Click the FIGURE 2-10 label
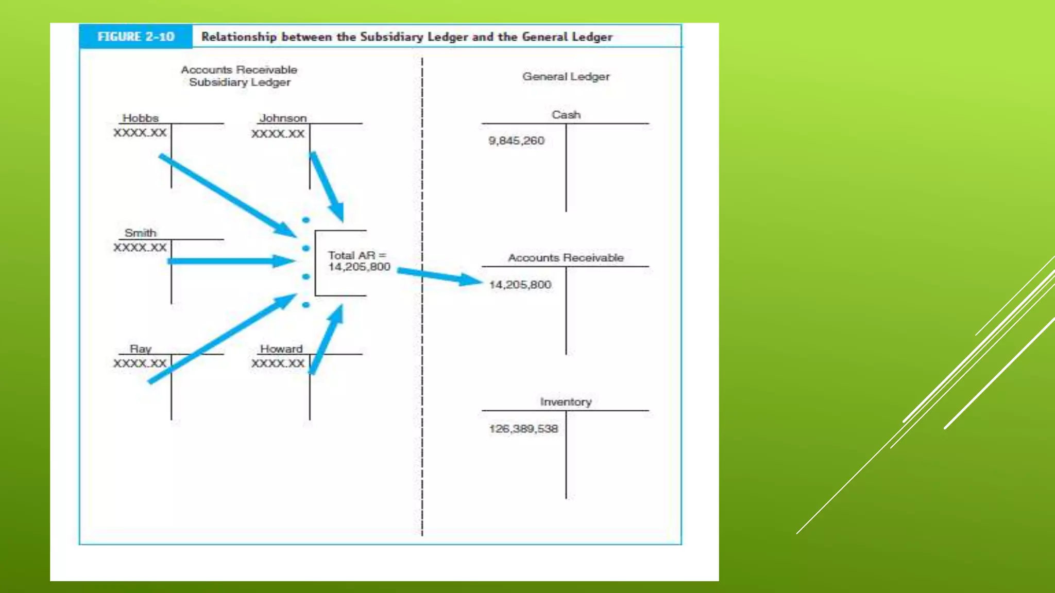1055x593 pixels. [x=136, y=37]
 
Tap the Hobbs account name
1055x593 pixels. [x=141, y=118]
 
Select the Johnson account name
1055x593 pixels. [x=283, y=118]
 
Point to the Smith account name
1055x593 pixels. [x=141, y=233]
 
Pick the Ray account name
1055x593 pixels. [x=141, y=348]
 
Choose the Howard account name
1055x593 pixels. [x=281, y=348]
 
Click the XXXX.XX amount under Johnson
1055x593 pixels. [x=278, y=134]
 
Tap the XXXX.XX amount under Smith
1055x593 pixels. [x=140, y=248]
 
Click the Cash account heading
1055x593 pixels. [x=566, y=114]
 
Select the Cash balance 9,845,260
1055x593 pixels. [x=516, y=141]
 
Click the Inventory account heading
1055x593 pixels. [x=566, y=402]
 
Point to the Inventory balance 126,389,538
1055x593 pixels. [x=523, y=429]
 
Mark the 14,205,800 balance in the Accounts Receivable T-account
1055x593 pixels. [x=520, y=285]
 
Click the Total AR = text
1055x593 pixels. [x=357, y=255]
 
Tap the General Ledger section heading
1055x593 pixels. [x=566, y=77]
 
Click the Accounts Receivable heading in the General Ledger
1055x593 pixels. [x=566, y=257]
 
